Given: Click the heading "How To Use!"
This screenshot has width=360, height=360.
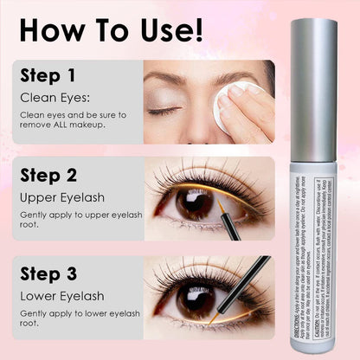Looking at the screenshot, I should click(112, 28).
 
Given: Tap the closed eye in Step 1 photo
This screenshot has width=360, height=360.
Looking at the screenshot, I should click(167, 110).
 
